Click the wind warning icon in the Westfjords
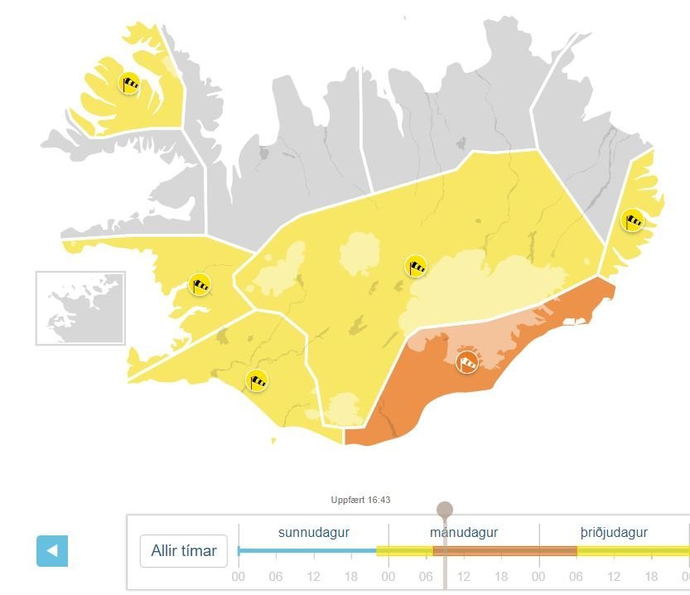click(x=129, y=84)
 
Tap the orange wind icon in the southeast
click(x=468, y=362)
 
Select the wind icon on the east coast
click(x=634, y=220)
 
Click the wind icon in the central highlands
click(x=416, y=266)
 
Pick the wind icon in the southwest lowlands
click(x=258, y=380)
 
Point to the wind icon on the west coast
click(x=200, y=284)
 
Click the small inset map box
click(x=80, y=307)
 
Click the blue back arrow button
click(x=52, y=551)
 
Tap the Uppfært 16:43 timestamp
click(x=360, y=500)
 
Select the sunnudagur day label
click(x=313, y=532)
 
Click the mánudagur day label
click(x=464, y=532)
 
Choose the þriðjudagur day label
click(x=614, y=532)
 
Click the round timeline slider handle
click(x=445, y=509)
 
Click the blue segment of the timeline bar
click(x=306, y=551)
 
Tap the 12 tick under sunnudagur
click(x=314, y=576)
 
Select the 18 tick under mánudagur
click(x=502, y=576)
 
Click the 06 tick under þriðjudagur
click(x=577, y=576)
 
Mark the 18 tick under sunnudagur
click(x=351, y=576)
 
